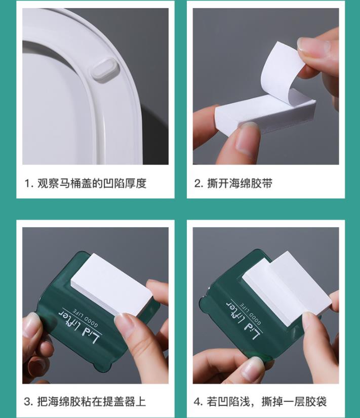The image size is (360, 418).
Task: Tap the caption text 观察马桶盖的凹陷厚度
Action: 92,183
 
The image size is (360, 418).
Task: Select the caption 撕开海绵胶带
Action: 239,183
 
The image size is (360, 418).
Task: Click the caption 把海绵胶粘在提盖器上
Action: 92,401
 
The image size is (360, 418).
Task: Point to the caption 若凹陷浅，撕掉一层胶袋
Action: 267,401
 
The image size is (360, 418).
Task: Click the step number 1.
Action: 28,184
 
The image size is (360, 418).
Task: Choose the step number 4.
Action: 198,402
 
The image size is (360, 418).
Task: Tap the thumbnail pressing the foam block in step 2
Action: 247,139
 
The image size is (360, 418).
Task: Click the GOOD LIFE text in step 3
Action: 86,317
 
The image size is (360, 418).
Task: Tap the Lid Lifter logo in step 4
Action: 243,319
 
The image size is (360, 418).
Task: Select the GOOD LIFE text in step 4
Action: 250,312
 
